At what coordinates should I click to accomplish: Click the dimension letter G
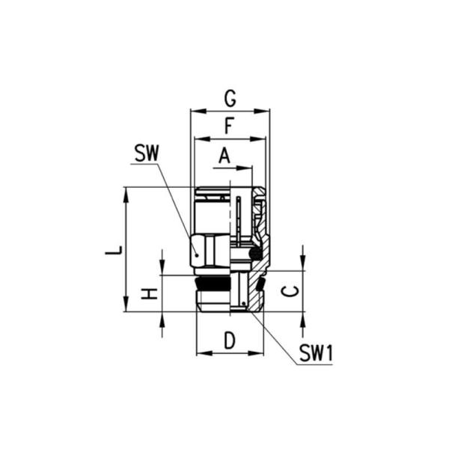[230, 97]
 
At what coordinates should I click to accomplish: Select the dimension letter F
[230, 126]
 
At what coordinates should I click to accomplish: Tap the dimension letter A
[224, 156]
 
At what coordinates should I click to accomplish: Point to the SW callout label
[147, 153]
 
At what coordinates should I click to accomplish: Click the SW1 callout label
[315, 353]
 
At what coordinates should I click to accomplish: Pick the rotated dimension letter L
[113, 248]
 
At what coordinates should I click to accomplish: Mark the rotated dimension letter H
[150, 293]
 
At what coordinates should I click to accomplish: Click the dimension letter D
[230, 340]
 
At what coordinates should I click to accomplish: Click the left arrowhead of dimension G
[195, 111]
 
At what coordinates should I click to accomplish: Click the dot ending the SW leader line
[196, 254]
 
